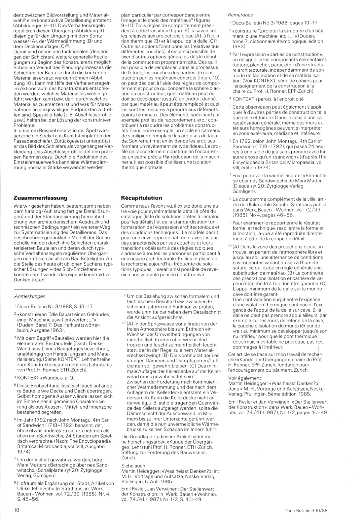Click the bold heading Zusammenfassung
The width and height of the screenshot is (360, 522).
[x=41, y=198]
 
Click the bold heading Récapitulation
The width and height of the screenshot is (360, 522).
[x=141, y=198]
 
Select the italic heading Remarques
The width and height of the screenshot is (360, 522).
[x=240, y=15]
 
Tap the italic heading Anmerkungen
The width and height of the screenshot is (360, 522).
[x=30, y=296]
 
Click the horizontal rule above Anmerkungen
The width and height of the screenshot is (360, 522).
[x=117, y=289]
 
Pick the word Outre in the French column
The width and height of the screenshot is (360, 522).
[x=127, y=46]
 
